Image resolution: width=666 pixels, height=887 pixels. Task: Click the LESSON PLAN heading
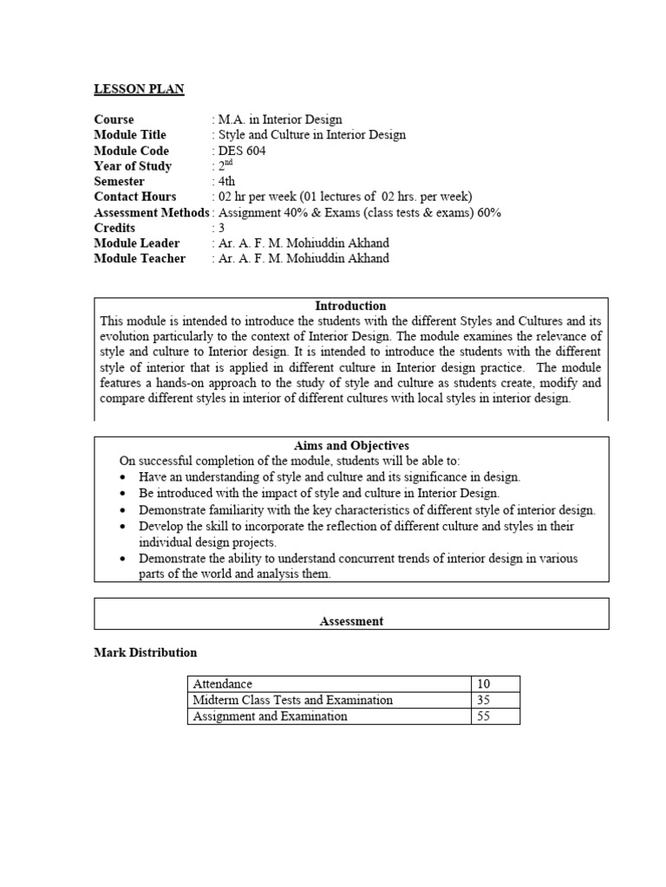[139, 88]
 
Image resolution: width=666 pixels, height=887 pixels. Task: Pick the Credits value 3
[221, 228]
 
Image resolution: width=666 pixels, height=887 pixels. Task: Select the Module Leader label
[137, 243]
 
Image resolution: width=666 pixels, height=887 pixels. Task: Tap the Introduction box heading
[350, 306]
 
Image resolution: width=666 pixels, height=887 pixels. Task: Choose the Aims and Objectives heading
[351, 445]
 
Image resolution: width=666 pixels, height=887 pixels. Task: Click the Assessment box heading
[351, 621]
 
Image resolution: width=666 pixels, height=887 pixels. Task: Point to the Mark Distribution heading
[145, 652]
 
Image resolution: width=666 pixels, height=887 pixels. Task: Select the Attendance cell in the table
[223, 684]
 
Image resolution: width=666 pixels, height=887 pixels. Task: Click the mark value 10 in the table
[484, 684]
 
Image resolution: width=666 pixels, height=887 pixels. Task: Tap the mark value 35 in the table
[484, 700]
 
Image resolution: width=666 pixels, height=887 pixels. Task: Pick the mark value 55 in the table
[484, 716]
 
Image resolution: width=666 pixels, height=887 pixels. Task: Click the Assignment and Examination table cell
[270, 716]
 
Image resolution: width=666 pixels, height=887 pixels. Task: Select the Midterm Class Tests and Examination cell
[292, 700]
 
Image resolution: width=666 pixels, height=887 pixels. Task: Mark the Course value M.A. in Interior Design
[280, 120]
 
